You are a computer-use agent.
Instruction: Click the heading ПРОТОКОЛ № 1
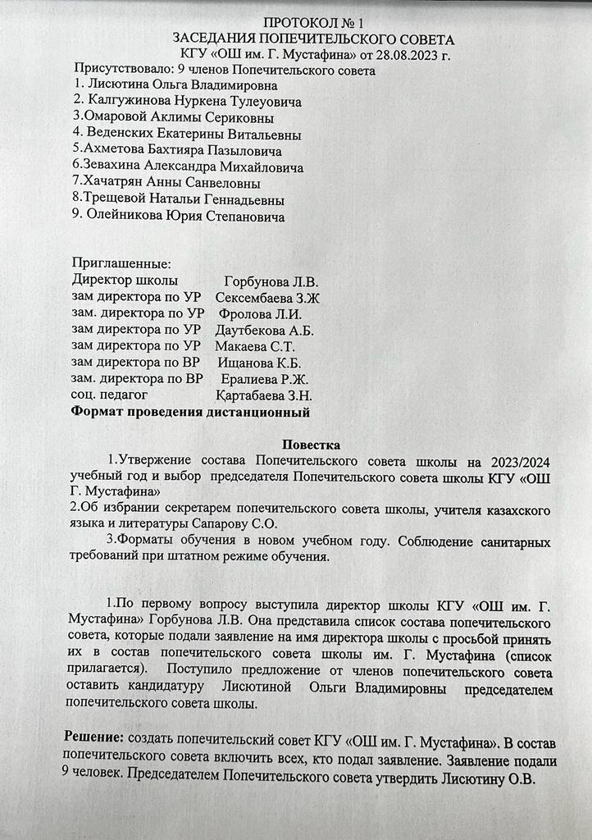tap(315, 22)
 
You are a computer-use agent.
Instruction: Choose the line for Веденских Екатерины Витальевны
tap(194, 135)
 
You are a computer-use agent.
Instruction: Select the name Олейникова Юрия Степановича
tap(185, 217)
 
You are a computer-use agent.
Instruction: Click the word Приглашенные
tap(121, 264)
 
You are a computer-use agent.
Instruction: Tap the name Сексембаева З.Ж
tap(267, 298)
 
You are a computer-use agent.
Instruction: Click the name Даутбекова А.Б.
tap(265, 331)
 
